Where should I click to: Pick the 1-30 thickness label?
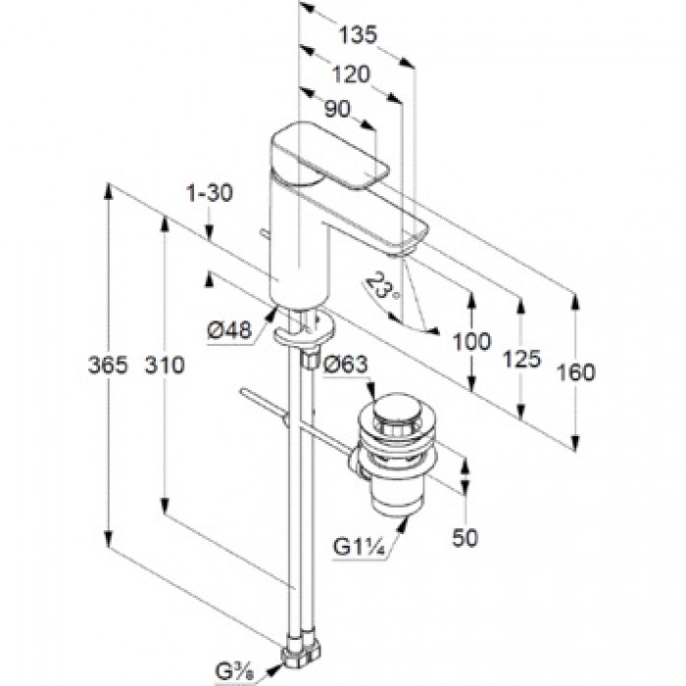pos(209,194)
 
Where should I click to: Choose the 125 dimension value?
pos(522,359)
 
